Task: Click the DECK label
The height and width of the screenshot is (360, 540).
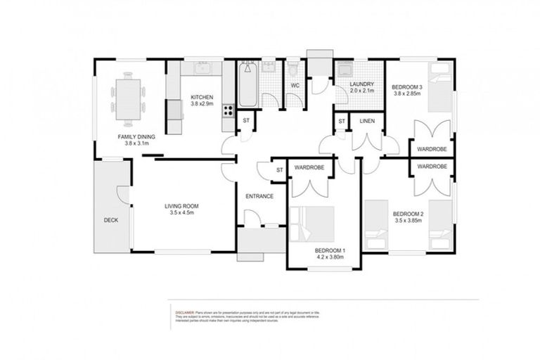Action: click(110, 220)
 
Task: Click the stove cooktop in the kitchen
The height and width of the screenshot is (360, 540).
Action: click(229, 110)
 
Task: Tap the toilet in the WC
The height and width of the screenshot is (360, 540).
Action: click(293, 70)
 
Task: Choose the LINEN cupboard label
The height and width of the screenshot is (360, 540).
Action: click(367, 122)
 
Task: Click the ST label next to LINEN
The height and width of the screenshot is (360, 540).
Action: click(341, 122)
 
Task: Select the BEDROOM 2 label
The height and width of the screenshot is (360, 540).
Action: click(407, 214)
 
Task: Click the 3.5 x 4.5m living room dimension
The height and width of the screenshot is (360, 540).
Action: click(181, 212)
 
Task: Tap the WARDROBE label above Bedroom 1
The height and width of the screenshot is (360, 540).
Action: click(309, 168)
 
